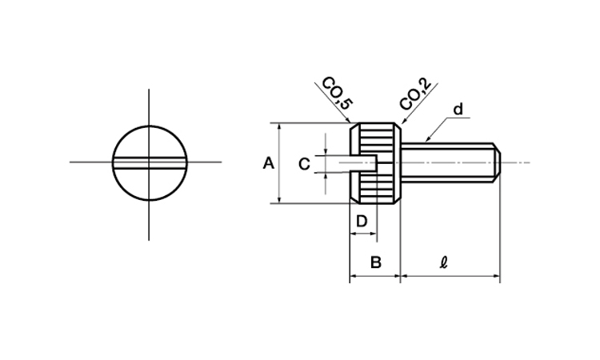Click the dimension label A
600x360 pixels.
point(269,163)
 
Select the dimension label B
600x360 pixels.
point(376,262)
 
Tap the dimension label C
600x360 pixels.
point(304,164)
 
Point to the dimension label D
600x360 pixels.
point(362,221)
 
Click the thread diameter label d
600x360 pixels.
point(458,110)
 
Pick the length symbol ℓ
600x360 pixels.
point(443,262)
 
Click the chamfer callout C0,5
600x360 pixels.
point(337,94)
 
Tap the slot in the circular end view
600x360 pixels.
point(150,163)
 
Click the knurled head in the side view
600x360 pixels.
point(375,163)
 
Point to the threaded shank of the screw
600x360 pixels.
point(450,163)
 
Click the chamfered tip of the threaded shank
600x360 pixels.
point(497,163)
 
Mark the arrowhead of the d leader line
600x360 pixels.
point(427,140)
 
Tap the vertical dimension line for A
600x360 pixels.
point(280,163)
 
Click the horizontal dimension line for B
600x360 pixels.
point(375,275)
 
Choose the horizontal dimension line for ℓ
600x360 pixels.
point(450,275)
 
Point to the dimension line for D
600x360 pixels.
point(363,233)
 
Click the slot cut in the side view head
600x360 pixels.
point(363,164)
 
